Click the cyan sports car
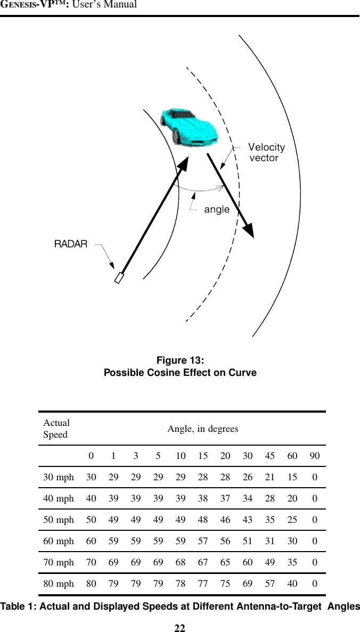(x=189, y=126)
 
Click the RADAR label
(x=71, y=244)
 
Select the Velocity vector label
(x=266, y=152)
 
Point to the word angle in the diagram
(x=217, y=210)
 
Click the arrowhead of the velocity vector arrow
(x=248, y=230)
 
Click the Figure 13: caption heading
(x=180, y=360)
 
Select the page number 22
(x=180, y=628)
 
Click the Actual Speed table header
(x=56, y=429)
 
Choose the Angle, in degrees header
(x=203, y=429)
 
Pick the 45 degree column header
(x=270, y=456)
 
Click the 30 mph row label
(x=59, y=478)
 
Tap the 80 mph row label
(x=59, y=584)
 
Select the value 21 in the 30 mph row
(x=270, y=478)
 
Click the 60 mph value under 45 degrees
(x=270, y=541)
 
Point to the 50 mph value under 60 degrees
(x=292, y=520)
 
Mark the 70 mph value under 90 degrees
(x=315, y=563)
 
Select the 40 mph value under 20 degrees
(x=225, y=499)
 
